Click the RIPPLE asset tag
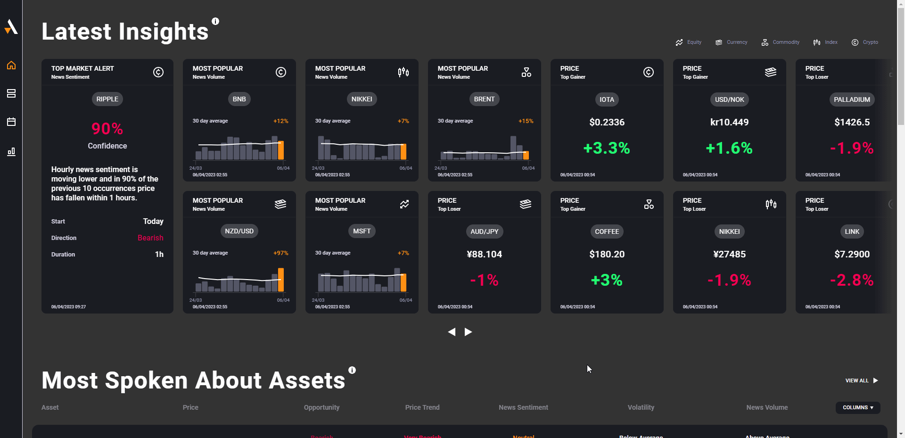click(x=107, y=99)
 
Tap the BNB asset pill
click(x=239, y=99)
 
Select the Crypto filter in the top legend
click(x=865, y=42)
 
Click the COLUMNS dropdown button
click(x=857, y=407)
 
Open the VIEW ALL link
click(x=861, y=380)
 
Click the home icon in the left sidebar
click(x=11, y=65)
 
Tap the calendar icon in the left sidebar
click(x=11, y=122)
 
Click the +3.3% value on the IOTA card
click(x=607, y=148)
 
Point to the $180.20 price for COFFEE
click(x=607, y=254)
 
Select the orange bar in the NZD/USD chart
click(x=281, y=280)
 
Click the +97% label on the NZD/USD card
click(x=280, y=253)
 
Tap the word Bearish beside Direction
click(x=150, y=238)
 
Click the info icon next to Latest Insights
click(x=215, y=21)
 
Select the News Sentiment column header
click(x=523, y=407)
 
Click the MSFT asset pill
click(x=362, y=231)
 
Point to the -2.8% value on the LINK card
click(x=852, y=280)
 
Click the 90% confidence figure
click(x=107, y=129)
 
